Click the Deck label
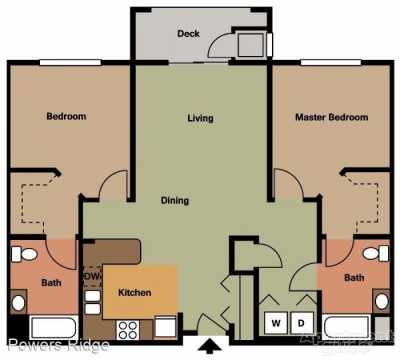coord(188,33)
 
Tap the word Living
coord(200,118)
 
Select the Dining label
coord(175,200)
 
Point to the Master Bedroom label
coord(331,118)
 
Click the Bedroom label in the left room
coord(66,117)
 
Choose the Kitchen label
coord(134,293)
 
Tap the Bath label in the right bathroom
coord(354,277)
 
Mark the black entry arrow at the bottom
coord(211,348)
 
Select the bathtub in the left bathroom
coord(54,326)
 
